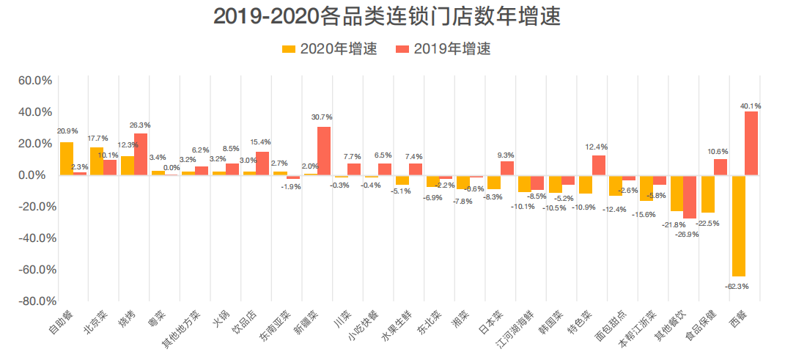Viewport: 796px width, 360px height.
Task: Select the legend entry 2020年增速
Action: click(330, 49)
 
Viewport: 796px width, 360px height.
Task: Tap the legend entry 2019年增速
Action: click(443, 49)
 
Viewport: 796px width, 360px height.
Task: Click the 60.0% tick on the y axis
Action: click(34, 81)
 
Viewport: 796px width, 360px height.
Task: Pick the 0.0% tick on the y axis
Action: click(37, 175)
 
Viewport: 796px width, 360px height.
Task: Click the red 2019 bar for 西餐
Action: click(751, 143)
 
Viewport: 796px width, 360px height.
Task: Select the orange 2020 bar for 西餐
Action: click(738, 225)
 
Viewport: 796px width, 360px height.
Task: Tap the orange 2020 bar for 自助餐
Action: click(67, 158)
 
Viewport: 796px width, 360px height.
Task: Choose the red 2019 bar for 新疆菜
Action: click(324, 151)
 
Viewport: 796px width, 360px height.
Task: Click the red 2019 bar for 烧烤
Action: click(141, 154)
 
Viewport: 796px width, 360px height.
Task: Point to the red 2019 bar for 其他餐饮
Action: click(690, 196)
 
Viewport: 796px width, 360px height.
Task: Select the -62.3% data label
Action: click(738, 286)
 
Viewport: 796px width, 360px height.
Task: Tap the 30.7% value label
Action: click(322, 117)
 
